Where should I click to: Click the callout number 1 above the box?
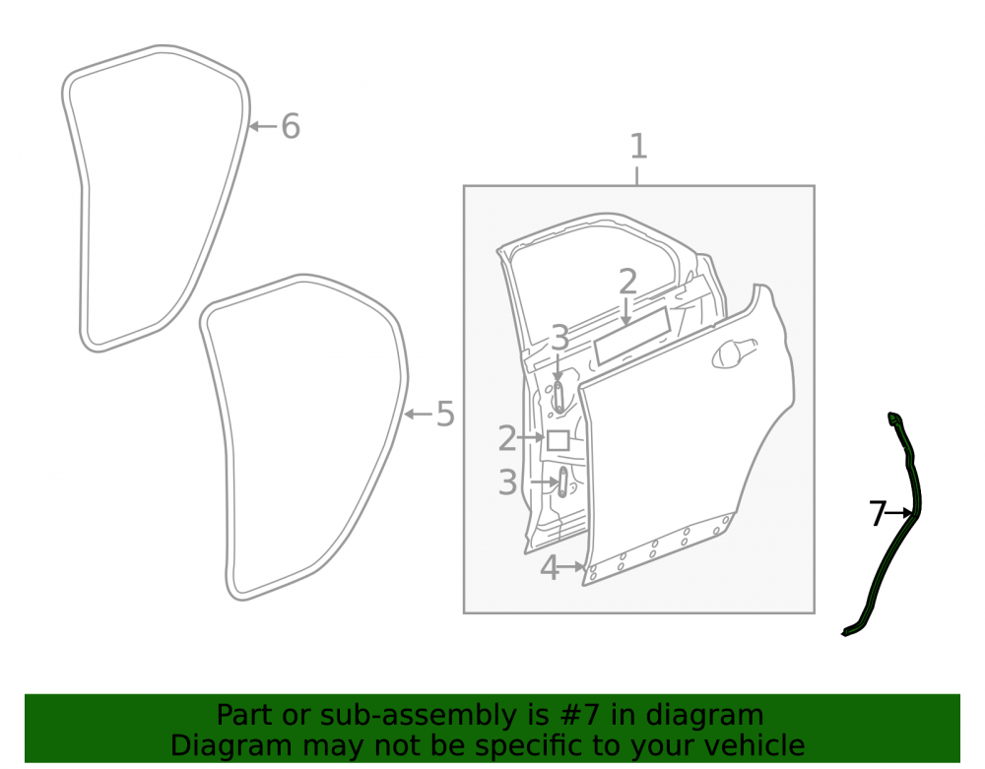[638, 147]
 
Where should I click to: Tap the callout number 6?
[291, 126]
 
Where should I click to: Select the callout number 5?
[445, 415]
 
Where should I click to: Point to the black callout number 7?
[877, 514]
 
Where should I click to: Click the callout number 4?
[550, 568]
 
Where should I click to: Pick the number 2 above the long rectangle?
[627, 282]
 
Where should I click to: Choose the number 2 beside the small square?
[507, 438]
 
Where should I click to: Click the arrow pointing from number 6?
[263, 126]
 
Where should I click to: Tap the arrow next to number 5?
[418, 415]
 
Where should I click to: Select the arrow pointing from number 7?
[898, 514]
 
